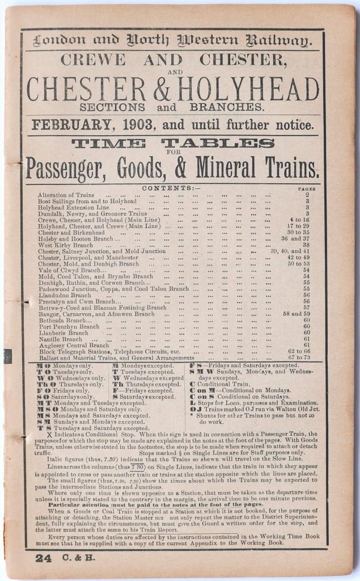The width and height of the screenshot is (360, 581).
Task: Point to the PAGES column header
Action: (x=306, y=188)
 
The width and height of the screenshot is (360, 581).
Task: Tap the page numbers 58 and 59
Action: (x=297, y=314)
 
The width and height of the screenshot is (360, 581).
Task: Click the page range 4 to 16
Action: (x=299, y=220)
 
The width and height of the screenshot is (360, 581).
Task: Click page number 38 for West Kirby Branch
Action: (x=306, y=245)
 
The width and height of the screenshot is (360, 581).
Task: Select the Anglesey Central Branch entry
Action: (x=73, y=345)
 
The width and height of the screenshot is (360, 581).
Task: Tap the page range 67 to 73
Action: (x=299, y=357)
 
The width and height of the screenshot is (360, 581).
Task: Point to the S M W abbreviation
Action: (x=200, y=372)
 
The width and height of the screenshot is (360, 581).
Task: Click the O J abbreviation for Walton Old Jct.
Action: (x=196, y=409)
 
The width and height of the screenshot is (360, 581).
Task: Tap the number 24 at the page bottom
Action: (x=43, y=558)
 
